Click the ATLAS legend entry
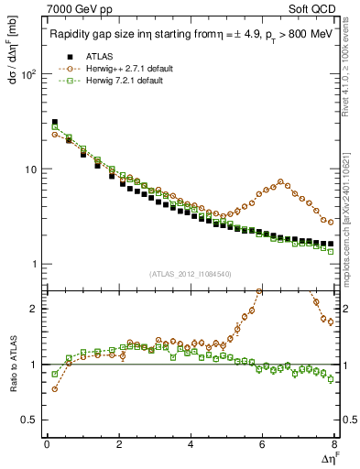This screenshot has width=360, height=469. [x=104, y=57]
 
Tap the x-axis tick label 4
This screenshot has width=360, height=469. [x=191, y=445]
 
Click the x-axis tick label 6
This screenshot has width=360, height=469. [x=263, y=445]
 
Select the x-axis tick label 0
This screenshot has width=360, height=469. [x=47, y=445]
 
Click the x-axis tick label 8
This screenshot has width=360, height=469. [x=334, y=445]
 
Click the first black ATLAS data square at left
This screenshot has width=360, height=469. [x=54, y=122]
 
